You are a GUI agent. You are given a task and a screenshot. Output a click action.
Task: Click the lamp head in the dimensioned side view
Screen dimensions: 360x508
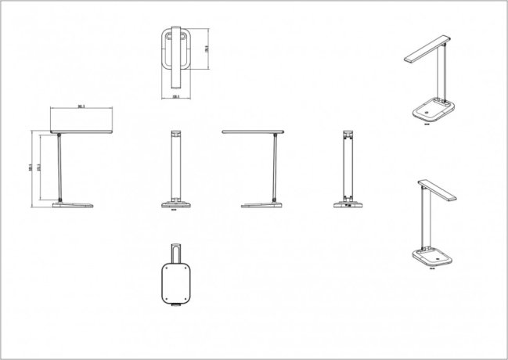(81, 130)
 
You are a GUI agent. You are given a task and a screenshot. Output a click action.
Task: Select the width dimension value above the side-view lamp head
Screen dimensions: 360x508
(81, 106)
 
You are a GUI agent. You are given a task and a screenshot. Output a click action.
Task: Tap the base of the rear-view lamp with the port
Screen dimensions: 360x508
(347, 206)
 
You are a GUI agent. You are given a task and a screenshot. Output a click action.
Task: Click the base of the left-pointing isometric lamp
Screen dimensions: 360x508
(431, 110)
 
